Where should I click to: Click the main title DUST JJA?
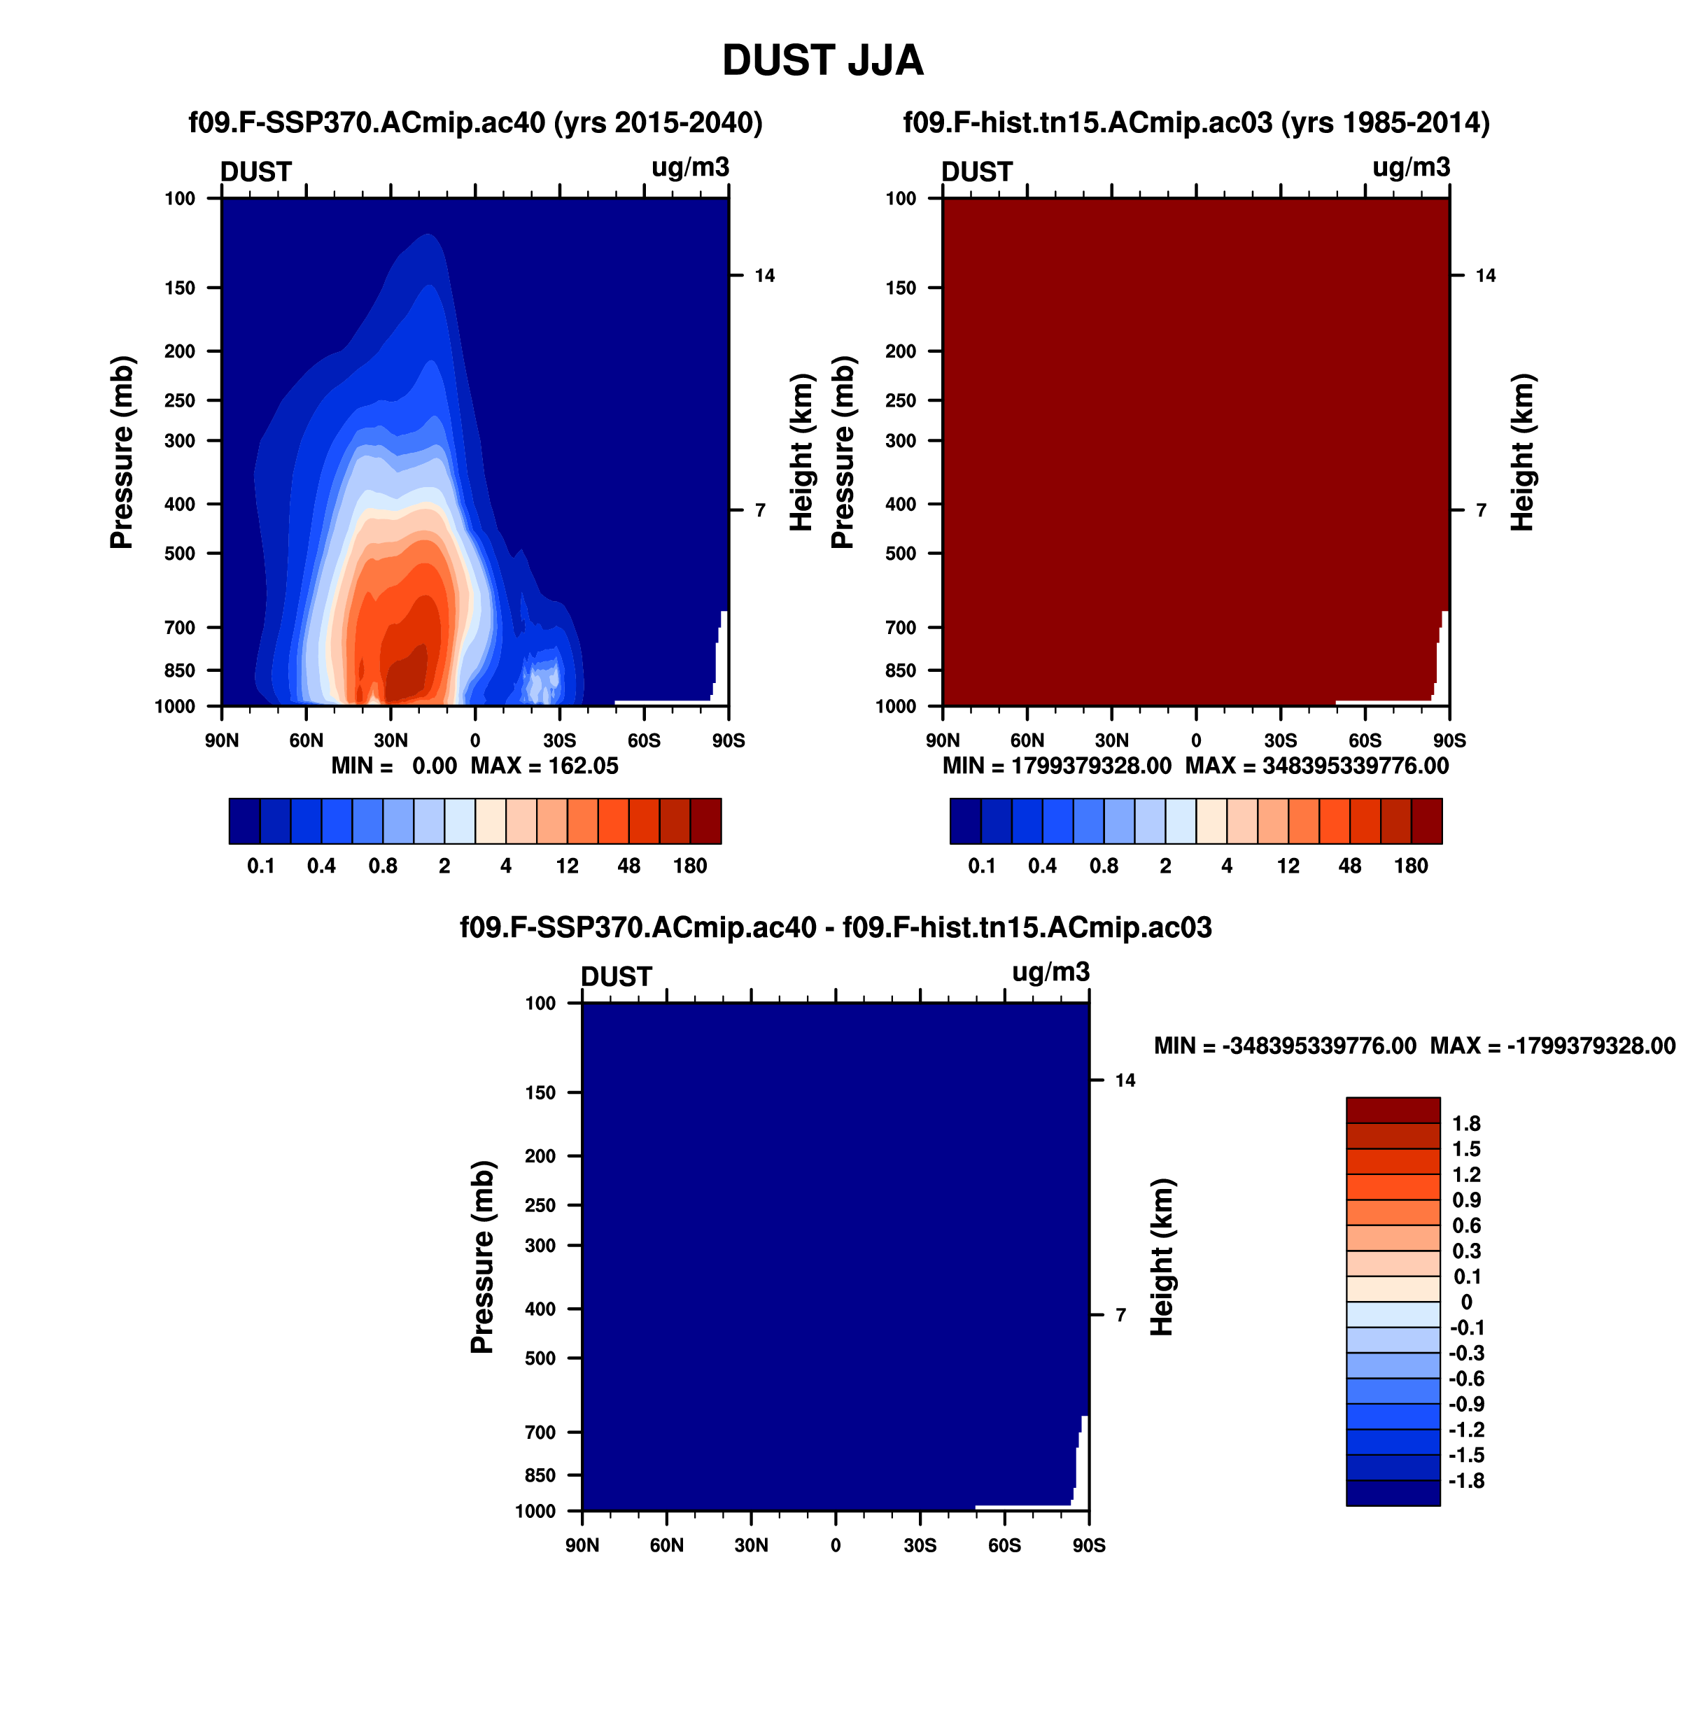[823, 60]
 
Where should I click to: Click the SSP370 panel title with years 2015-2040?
[476, 122]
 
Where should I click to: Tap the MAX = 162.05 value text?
[544, 766]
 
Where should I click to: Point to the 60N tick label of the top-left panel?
[307, 740]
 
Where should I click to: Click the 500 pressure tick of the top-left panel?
[180, 554]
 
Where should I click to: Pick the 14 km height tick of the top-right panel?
[1486, 276]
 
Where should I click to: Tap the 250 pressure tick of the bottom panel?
[540, 1205]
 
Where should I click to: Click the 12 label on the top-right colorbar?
[1288, 866]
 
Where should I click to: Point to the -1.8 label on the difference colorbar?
[1466, 1480]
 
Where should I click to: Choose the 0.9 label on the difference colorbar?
[1466, 1200]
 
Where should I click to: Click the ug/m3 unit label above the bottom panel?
[1050, 972]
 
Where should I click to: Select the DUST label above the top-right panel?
[978, 171]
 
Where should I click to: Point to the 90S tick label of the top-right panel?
[1449, 740]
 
